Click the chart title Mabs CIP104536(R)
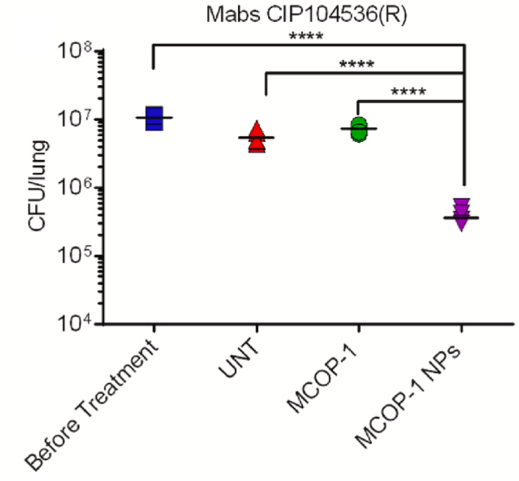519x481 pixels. (x=306, y=15)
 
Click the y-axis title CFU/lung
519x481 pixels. (x=38, y=186)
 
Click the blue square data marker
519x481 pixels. (x=154, y=118)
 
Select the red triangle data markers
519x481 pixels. (x=257, y=137)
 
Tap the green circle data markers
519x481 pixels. (x=359, y=129)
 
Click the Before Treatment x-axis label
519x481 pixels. (x=91, y=405)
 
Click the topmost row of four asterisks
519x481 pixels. (x=306, y=36)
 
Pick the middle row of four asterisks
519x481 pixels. (x=357, y=63)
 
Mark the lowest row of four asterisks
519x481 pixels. (x=408, y=91)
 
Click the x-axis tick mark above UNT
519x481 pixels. (x=257, y=328)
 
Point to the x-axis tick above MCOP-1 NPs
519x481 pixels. (x=462, y=328)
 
